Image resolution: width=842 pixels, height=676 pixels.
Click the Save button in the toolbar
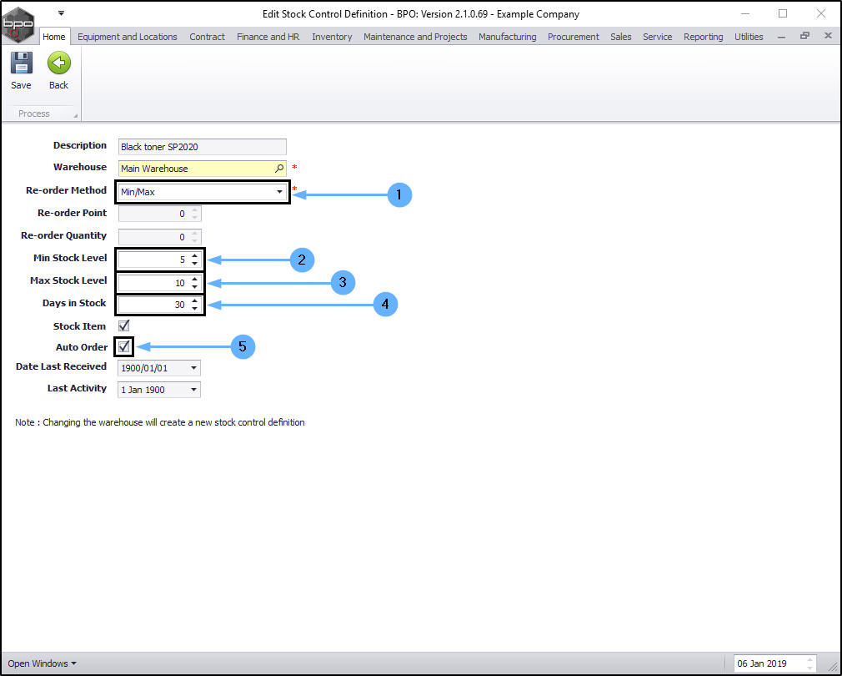tap(21, 70)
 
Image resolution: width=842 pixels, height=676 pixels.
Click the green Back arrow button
tap(58, 70)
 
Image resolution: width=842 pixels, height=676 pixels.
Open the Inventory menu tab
tap(332, 37)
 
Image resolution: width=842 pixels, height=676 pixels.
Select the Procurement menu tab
tap(573, 37)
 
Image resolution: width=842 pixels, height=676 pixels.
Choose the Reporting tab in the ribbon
tap(703, 37)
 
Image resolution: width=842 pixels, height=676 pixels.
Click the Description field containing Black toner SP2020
tap(202, 147)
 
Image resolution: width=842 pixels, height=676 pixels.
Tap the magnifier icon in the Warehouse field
tap(279, 169)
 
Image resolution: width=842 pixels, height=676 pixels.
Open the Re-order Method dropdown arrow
tap(279, 192)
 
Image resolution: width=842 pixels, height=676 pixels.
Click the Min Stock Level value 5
tap(154, 260)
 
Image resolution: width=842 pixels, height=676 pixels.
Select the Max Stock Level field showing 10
tap(154, 283)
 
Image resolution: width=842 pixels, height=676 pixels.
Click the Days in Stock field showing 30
tap(154, 305)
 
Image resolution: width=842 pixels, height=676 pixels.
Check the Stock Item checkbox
tap(124, 325)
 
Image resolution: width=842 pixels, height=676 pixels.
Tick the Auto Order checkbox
tap(124, 346)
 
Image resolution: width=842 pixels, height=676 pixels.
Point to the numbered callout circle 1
tap(399, 194)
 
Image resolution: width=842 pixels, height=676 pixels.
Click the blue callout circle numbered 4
tap(384, 305)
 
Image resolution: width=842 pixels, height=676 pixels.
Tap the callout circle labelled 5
tap(243, 346)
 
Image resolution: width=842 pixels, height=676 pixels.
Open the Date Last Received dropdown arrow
tap(193, 368)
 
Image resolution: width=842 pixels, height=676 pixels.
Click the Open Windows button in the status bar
tap(42, 663)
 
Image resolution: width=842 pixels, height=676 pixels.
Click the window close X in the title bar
tap(820, 13)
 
